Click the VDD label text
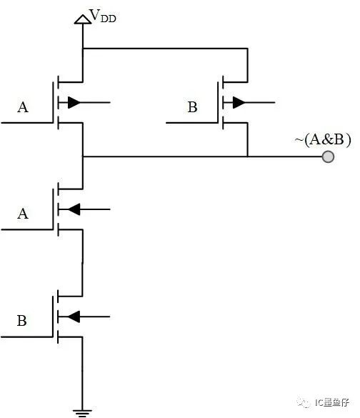[x=103, y=16]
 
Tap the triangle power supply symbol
[x=83, y=20]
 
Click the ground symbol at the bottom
[x=82, y=413]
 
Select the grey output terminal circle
[x=328, y=156]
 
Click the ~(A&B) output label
[x=323, y=139]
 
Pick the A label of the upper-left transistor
[x=23, y=107]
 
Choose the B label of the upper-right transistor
[x=192, y=107]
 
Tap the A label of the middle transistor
[x=23, y=214]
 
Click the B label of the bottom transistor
[x=22, y=321]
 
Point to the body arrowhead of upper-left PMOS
[x=74, y=102]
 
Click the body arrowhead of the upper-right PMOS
[x=239, y=102]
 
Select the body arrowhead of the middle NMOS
[x=74, y=209]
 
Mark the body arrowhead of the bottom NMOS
[x=74, y=317]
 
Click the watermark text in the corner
[x=332, y=402]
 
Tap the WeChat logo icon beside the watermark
[x=304, y=402]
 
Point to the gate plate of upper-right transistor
[x=218, y=102]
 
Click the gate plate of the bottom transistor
[x=53, y=317]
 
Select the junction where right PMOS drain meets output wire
[x=248, y=156]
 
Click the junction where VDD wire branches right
[x=83, y=49]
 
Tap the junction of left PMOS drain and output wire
[x=83, y=156]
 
